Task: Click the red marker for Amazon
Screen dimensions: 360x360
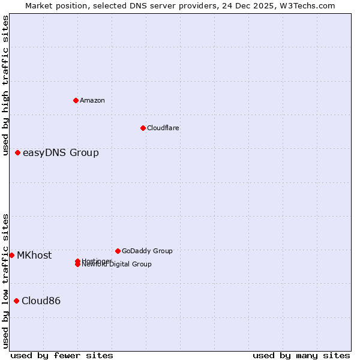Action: (x=76, y=100)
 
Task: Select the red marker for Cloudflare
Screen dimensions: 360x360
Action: (x=143, y=128)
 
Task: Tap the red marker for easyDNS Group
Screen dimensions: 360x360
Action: (x=18, y=152)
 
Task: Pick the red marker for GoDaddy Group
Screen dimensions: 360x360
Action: (x=118, y=251)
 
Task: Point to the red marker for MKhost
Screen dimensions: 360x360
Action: (x=12, y=255)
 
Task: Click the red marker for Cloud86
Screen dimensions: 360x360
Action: (x=16, y=301)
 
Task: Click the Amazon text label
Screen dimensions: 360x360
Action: (x=92, y=100)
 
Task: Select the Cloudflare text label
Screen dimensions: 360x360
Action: (x=163, y=128)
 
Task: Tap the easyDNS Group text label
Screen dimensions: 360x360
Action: (x=61, y=152)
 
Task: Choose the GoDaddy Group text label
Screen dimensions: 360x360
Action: (x=147, y=251)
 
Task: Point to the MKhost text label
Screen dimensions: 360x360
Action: (x=34, y=255)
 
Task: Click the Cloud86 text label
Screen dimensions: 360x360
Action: (x=41, y=301)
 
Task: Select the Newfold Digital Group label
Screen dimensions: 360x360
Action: (x=118, y=265)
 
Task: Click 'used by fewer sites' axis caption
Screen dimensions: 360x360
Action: (x=62, y=355)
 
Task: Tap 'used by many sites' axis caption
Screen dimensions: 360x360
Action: (x=301, y=355)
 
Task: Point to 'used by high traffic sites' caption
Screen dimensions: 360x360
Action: (x=5, y=85)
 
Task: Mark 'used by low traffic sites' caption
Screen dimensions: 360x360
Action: (x=5, y=280)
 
